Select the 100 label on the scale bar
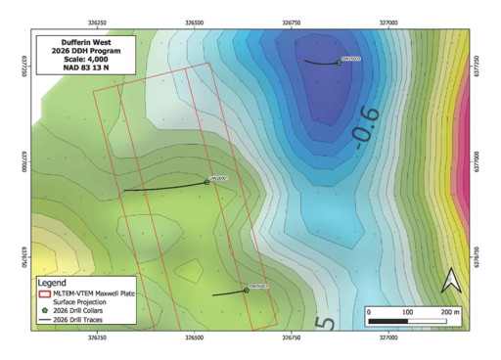406,311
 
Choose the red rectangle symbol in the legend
44,292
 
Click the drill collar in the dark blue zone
339,63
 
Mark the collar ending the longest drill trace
206,181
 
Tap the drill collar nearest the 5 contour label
246,290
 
